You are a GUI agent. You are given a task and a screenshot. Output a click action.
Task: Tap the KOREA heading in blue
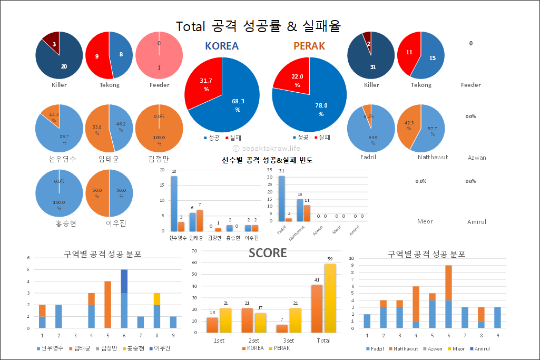(222, 46)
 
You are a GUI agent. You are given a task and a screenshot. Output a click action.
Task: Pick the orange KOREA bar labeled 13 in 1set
(212, 325)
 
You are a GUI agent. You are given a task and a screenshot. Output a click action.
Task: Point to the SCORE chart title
(268, 253)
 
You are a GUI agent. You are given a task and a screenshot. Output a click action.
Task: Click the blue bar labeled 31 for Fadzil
(282, 198)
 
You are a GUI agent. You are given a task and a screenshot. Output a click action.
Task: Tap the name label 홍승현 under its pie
(58, 223)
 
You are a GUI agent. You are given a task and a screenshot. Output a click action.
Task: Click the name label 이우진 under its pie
(109, 223)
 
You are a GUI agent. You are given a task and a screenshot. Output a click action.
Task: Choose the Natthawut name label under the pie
(433, 157)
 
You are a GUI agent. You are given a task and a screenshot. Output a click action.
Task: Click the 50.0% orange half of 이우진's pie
(97, 193)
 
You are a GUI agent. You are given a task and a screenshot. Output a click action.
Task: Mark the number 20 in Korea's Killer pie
(64, 66)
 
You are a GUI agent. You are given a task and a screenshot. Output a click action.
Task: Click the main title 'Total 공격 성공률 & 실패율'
(258, 26)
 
